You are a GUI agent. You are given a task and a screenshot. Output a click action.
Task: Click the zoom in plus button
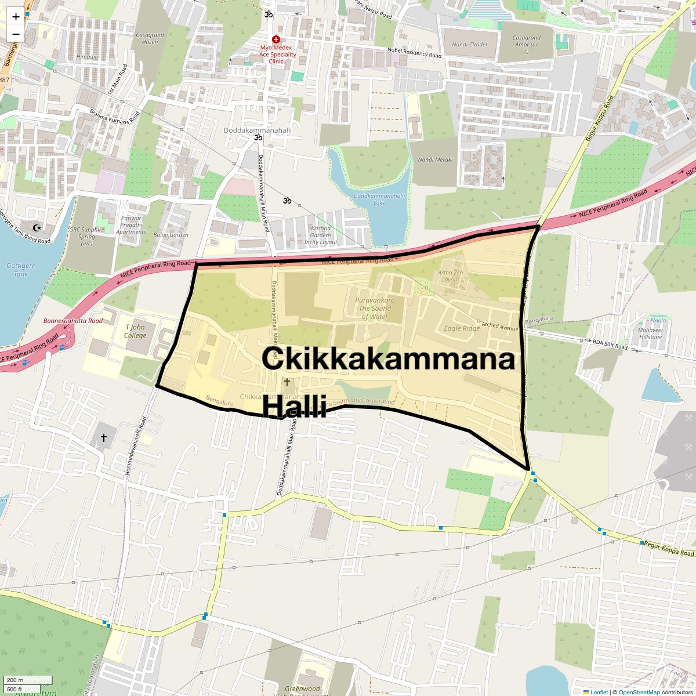pos(16,16)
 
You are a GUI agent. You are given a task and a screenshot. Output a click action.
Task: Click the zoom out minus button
pos(16,34)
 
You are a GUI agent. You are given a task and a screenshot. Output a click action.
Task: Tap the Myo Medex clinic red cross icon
pos(276,39)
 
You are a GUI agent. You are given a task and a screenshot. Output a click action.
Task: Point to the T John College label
pos(136,331)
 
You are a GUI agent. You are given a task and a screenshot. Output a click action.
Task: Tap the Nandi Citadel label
pos(469,44)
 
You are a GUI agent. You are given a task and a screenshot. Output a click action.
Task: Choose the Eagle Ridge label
pos(462,328)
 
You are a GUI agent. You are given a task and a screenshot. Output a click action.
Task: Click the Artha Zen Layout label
pos(451,275)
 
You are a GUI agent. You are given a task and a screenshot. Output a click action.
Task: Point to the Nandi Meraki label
pos(435,159)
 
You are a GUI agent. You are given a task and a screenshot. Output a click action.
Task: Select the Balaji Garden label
pos(171,235)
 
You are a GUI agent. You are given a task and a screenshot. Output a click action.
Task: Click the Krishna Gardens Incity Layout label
pos(320,235)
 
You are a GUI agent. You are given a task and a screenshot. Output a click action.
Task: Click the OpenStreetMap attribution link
pos(639,692)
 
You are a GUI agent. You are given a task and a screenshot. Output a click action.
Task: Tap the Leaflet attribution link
pos(599,692)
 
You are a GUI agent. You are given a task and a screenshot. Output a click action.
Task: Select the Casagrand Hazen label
pos(150,38)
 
